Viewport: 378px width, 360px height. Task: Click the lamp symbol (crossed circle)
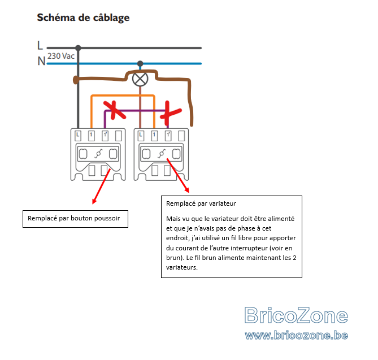140,79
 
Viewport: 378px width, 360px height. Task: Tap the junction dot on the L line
78,47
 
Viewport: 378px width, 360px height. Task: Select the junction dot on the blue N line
140,64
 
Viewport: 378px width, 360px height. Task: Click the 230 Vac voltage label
61,56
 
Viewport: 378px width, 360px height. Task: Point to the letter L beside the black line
40,45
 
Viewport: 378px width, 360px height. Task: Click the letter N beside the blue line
41,61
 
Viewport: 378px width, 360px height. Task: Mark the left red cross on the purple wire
114,110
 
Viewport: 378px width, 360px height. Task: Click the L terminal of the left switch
77,136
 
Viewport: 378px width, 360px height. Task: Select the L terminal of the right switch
141,136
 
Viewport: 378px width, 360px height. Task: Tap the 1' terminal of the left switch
105,136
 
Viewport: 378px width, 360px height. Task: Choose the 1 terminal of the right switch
154,136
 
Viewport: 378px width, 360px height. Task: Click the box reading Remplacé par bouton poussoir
76,219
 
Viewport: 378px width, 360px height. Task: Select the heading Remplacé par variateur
201,204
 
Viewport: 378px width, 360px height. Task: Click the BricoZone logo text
296,315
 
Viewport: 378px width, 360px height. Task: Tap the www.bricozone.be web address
296,335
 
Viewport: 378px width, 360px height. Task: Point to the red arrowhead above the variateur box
187,190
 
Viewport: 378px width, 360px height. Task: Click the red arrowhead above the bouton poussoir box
94,201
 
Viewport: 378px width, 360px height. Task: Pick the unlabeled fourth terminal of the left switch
119,136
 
